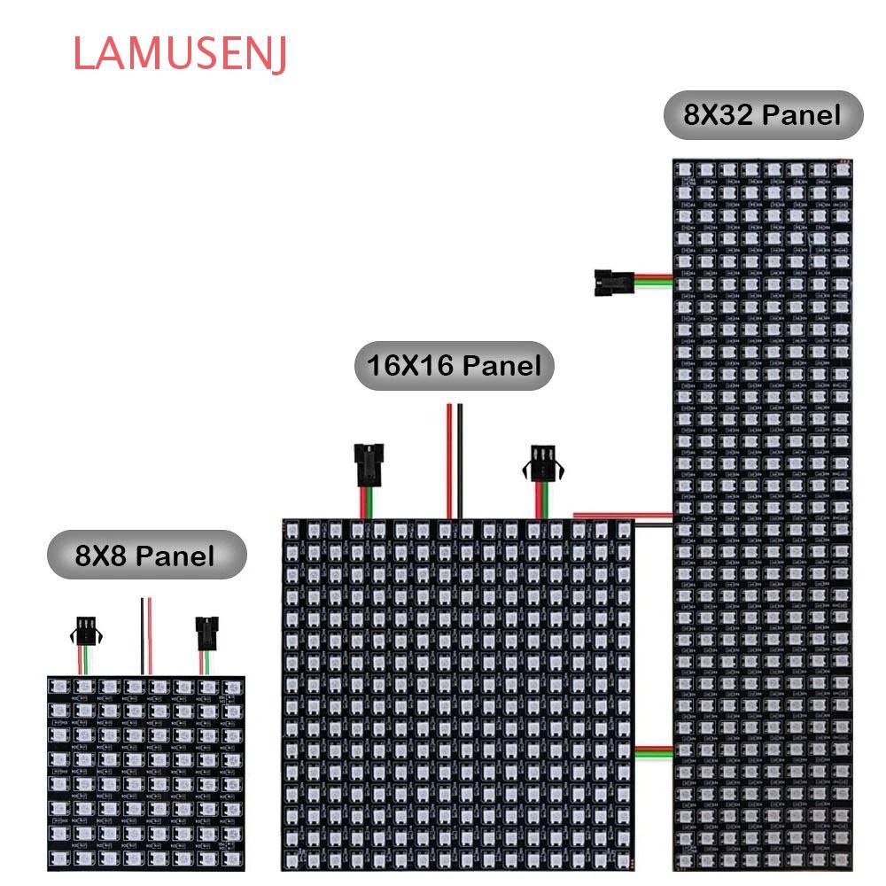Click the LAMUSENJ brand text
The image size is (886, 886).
click(x=180, y=54)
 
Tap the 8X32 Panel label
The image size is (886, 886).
click(x=763, y=114)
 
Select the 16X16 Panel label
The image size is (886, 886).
click(x=454, y=365)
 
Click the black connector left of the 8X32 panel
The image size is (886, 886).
click(x=610, y=282)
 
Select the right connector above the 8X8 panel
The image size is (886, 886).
click(x=206, y=633)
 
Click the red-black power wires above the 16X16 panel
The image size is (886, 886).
click(x=455, y=461)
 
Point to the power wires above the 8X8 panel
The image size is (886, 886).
click(x=145, y=635)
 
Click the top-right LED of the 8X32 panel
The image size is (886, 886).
click(x=841, y=168)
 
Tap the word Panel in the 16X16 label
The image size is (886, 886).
click(x=501, y=365)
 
